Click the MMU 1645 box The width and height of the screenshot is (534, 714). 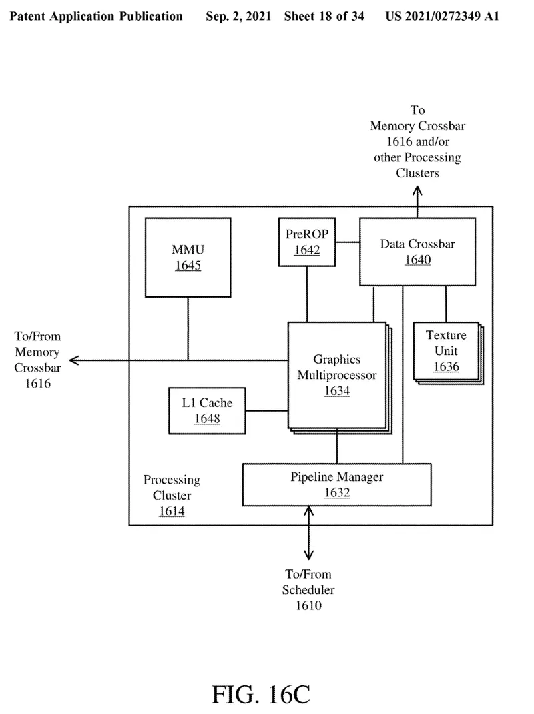point(188,258)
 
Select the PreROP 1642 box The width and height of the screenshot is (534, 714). point(307,242)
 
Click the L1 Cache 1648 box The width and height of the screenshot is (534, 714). point(207,410)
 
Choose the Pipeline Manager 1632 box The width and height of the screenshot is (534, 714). point(336,484)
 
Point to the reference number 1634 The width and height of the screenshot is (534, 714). point(336,391)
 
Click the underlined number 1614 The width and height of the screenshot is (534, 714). point(172,511)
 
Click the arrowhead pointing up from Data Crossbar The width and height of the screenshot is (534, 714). point(418,192)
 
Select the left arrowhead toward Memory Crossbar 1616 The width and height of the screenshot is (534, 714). point(74,360)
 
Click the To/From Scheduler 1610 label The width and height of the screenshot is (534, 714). point(308,590)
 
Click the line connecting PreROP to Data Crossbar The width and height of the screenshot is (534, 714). point(348,242)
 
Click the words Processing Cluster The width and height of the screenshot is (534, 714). point(172,488)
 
